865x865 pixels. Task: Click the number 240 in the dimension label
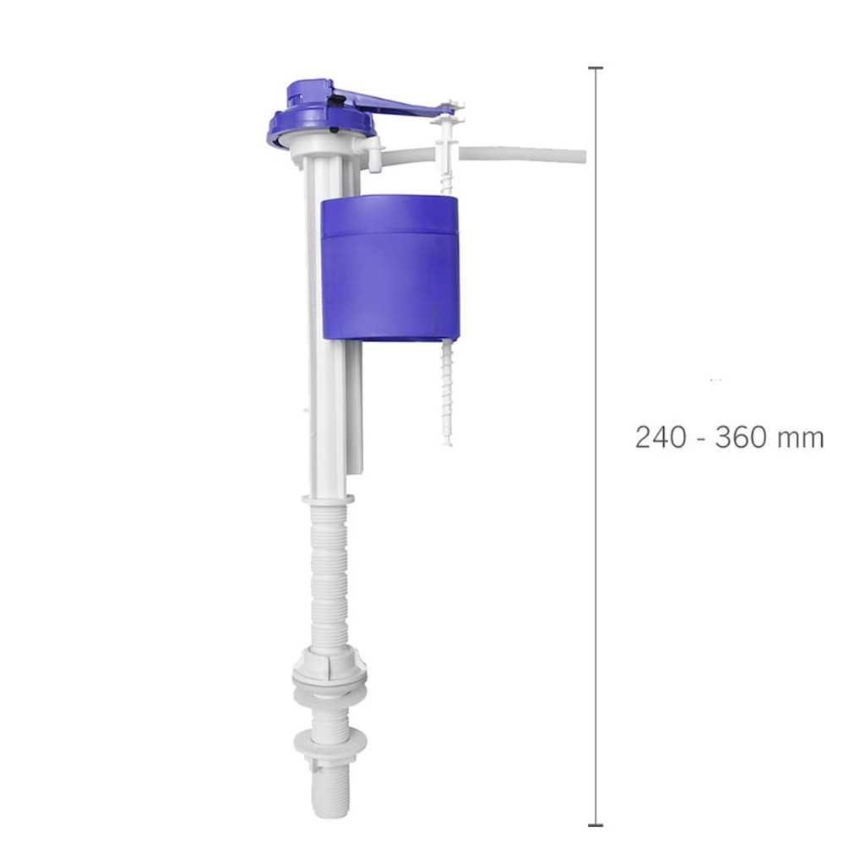coord(661,438)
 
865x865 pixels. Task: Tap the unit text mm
coord(801,440)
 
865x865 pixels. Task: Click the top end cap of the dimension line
coord(596,68)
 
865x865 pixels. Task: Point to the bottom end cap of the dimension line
coord(596,825)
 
